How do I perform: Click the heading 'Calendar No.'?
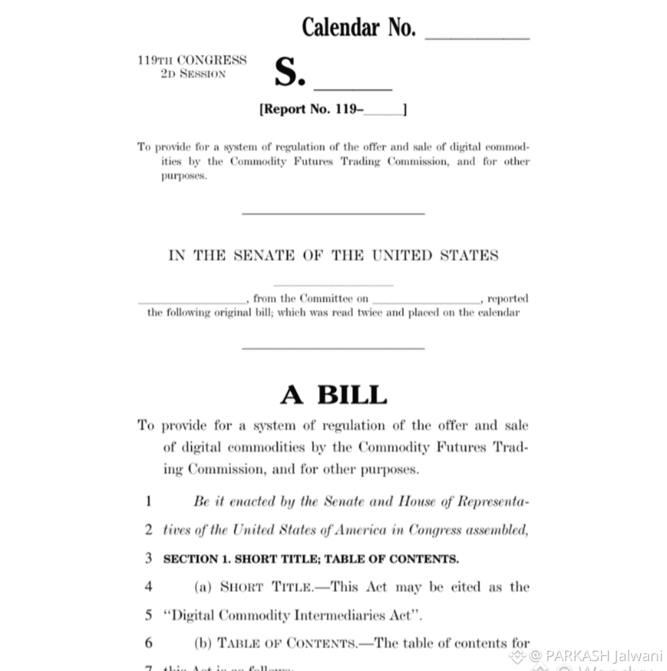click(358, 27)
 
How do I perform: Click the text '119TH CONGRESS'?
click(192, 60)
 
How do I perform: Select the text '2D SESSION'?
click(193, 74)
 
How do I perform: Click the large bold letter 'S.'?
click(290, 73)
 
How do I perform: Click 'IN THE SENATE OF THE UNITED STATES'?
click(333, 255)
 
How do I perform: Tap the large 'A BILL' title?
click(333, 394)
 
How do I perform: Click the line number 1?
click(148, 501)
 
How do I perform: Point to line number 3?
click(148, 559)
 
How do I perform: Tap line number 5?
click(148, 615)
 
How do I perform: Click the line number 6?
click(148, 643)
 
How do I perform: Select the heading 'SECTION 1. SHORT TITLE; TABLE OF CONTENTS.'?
click(311, 559)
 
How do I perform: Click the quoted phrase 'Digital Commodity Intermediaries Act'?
click(292, 615)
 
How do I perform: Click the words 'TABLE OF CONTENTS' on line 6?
click(287, 643)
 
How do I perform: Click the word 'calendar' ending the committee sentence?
click(498, 313)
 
